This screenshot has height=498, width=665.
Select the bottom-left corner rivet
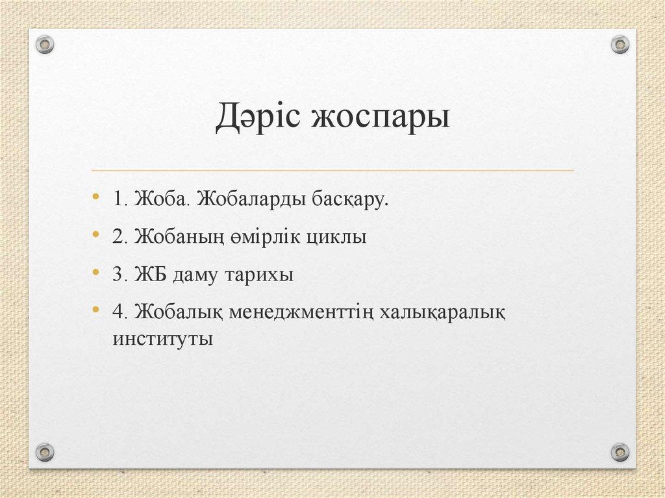pos(44,451)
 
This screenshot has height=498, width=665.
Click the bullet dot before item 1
pos(97,197)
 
